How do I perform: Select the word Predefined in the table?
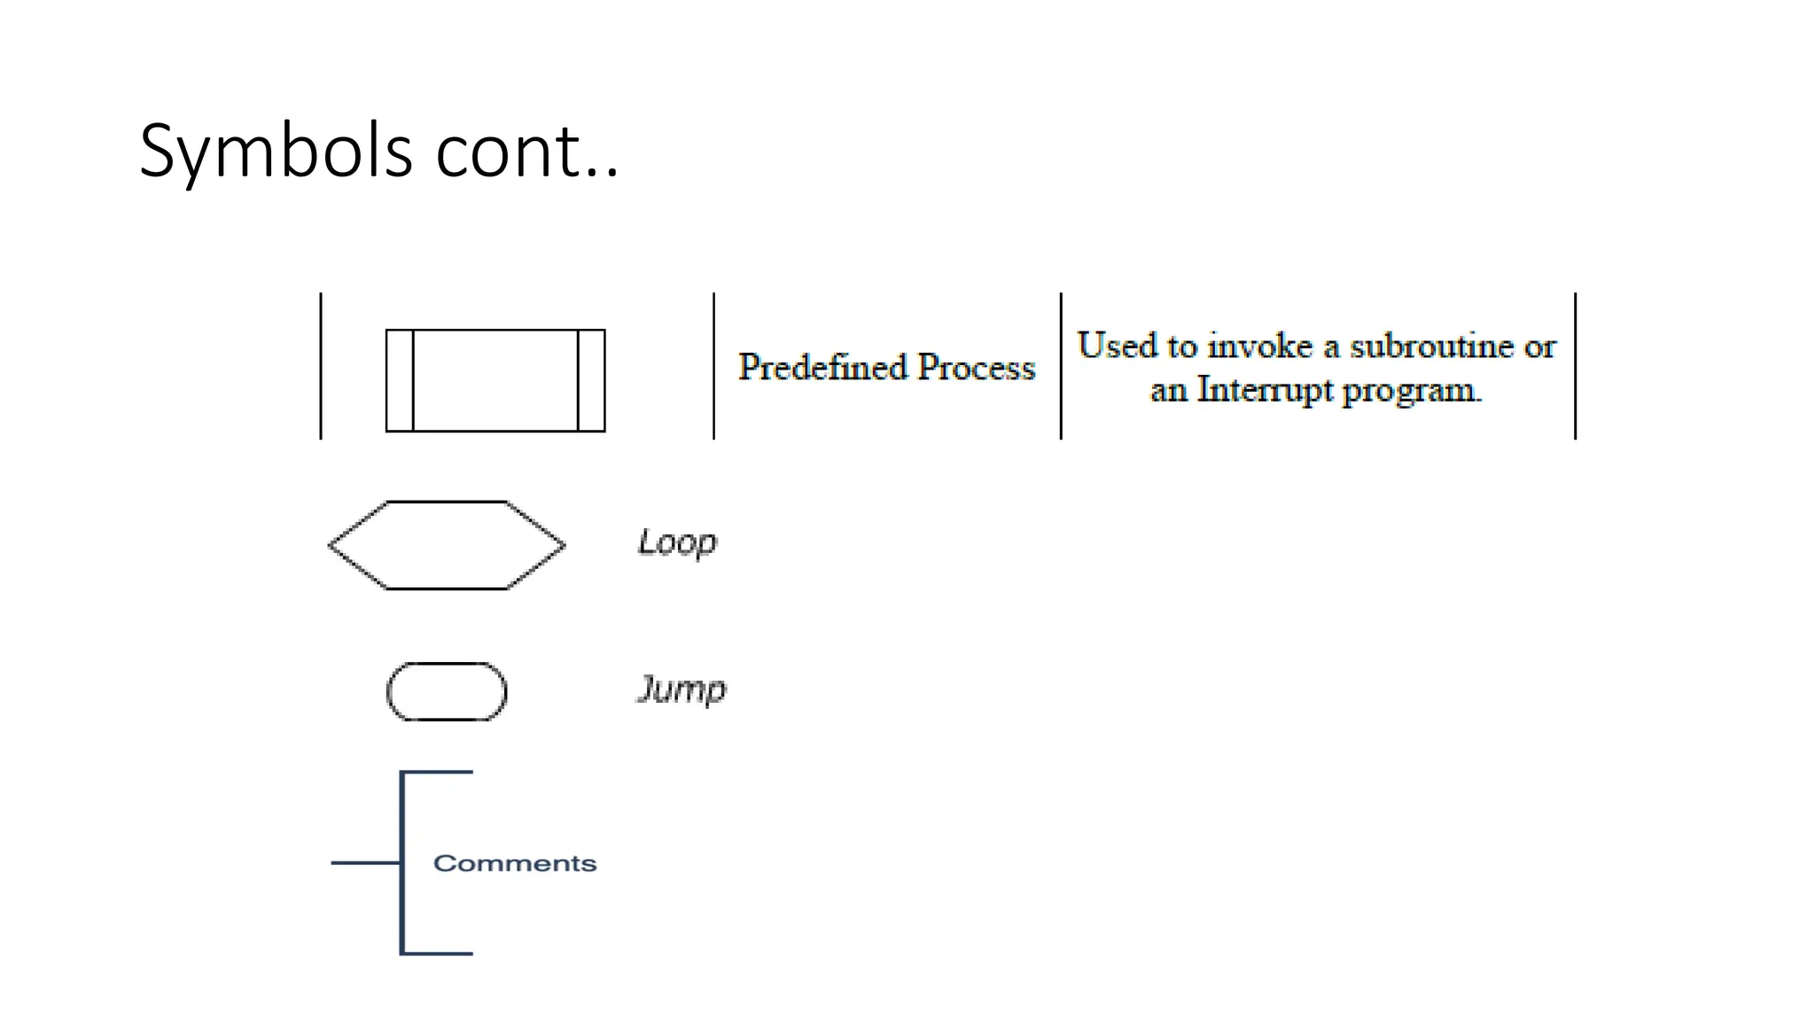click(822, 367)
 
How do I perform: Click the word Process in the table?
click(976, 367)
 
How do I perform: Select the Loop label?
click(677, 542)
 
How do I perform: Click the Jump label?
click(682, 690)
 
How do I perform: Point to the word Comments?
click(514, 863)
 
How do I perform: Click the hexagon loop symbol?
click(447, 545)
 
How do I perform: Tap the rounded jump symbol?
click(447, 691)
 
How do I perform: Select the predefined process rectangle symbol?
click(495, 380)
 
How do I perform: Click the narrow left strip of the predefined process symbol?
click(400, 380)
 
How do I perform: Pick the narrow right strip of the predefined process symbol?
click(591, 380)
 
